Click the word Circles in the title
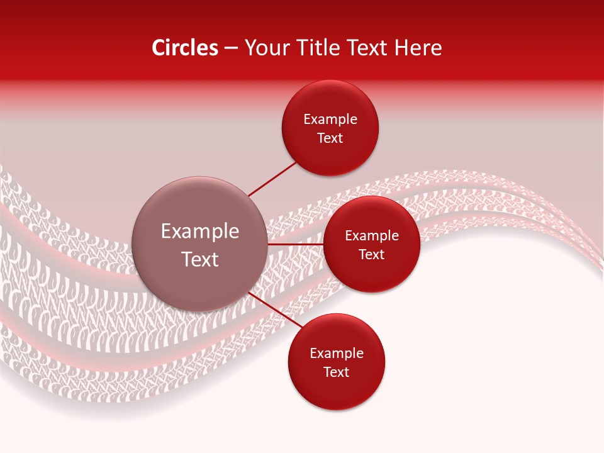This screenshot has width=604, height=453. (x=184, y=48)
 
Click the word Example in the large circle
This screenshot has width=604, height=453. (x=200, y=232)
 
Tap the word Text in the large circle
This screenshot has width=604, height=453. (x=200, y=259)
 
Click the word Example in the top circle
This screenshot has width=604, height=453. (x=330, y=119)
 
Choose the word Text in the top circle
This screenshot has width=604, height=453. (x=330, y=138)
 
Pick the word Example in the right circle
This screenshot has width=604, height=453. (x=371, y=235)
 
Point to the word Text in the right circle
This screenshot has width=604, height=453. (x=371, y=254)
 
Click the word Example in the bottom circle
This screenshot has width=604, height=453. (x=336, y=353)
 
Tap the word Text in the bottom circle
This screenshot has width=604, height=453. (x=336, y=372)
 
